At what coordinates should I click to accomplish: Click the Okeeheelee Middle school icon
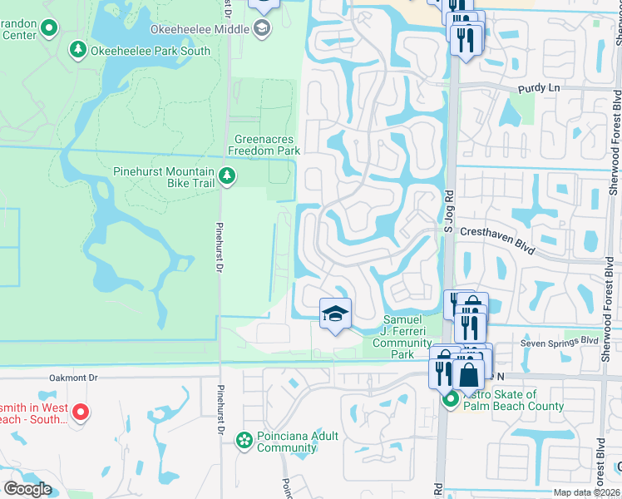point(263,30)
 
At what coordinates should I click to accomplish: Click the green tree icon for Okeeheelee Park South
point(78,51)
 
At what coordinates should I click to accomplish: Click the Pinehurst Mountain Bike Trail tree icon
point(226,176)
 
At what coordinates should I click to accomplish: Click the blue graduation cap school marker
point(335,314)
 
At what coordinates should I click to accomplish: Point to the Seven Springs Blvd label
point(559,342)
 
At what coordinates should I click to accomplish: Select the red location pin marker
point(80,412)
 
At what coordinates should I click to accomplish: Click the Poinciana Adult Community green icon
point(244,439)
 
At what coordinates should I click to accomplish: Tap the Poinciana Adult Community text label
point(287,442)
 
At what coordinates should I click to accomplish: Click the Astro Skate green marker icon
point(450,401)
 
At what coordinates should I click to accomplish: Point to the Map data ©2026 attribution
point(586,492)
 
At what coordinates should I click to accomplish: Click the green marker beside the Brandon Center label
point(49,30)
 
